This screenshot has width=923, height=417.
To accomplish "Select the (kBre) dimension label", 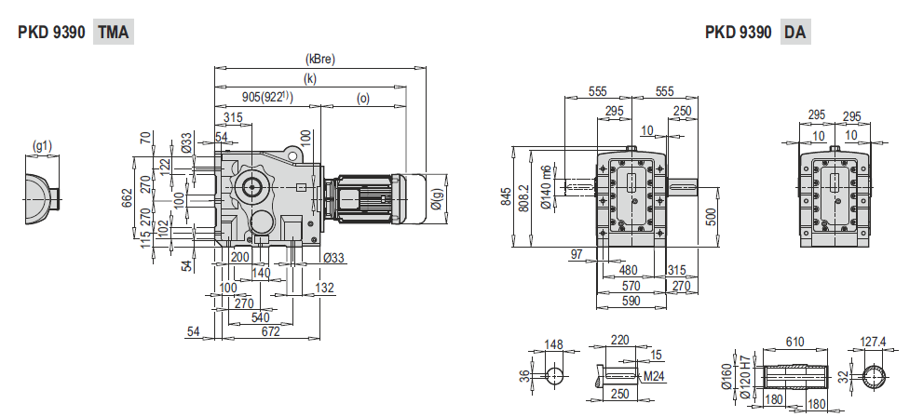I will tap(319, 59).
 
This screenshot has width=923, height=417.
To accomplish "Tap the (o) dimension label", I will tap(362, 97).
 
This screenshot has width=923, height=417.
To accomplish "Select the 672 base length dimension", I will tap(270, 332).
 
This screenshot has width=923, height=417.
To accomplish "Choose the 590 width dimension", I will tap(632, 302).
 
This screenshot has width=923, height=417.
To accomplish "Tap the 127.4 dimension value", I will tap(873, 343).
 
